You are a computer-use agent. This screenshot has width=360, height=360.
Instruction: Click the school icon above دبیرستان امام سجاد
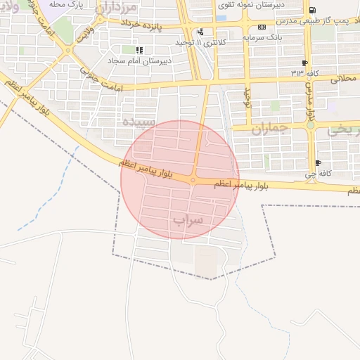click(139, 50)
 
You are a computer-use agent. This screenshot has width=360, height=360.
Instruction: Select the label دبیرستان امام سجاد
click(149, 60)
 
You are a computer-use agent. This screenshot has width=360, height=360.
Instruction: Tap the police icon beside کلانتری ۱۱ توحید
click(201, 32)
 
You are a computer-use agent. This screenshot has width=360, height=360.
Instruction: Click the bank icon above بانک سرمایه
click(262, 27)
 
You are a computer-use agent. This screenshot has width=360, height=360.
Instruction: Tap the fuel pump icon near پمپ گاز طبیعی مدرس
click(312, 10)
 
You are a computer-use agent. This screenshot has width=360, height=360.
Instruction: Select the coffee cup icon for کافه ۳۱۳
click(304, 63)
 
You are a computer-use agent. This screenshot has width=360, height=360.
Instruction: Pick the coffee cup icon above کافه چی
click(318, 162)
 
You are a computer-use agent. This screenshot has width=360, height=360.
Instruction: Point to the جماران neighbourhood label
click(267, 129)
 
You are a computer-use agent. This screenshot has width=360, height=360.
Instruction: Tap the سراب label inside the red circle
click(187, 220)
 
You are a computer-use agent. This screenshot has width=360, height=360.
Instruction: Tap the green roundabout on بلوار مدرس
click(310, 125)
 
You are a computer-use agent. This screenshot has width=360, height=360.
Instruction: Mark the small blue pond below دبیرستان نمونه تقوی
click(221, 18)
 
